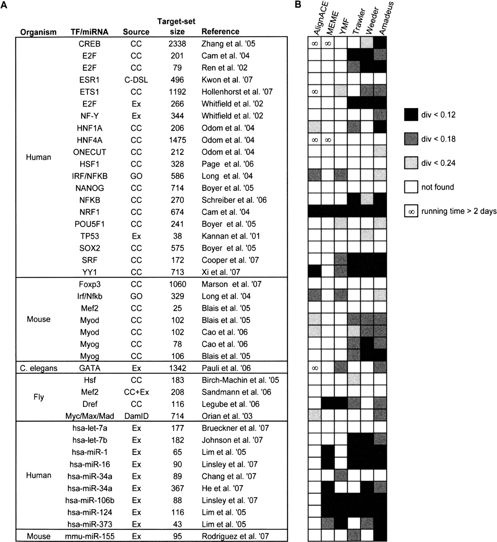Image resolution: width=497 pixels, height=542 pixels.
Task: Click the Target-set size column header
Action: pos(176,26)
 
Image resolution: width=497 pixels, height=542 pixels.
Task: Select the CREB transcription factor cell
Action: pos(89,44)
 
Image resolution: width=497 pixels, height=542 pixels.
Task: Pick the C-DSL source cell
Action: pos(136,80)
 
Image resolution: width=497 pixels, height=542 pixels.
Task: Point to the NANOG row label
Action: pos(89,188)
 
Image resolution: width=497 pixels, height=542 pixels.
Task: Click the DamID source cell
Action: pos(136,416)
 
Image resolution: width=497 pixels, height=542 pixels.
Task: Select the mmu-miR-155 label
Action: pos(89,536)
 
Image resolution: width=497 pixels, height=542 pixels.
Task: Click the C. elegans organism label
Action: pos(39,368)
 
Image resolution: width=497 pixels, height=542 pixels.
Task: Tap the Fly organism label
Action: pos(39,397)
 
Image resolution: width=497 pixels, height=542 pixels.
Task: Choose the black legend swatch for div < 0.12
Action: pos(411,115)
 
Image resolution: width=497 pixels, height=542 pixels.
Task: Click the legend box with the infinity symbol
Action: pos(411,211)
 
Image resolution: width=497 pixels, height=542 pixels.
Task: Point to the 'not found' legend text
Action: pos(438,187)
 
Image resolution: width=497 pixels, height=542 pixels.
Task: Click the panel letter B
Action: pos(298,5)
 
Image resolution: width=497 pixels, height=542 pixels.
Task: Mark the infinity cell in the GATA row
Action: pos(315,368)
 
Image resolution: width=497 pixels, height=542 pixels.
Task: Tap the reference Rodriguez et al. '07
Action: pos(235,536)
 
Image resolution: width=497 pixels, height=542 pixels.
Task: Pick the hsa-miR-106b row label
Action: pos(89,500)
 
